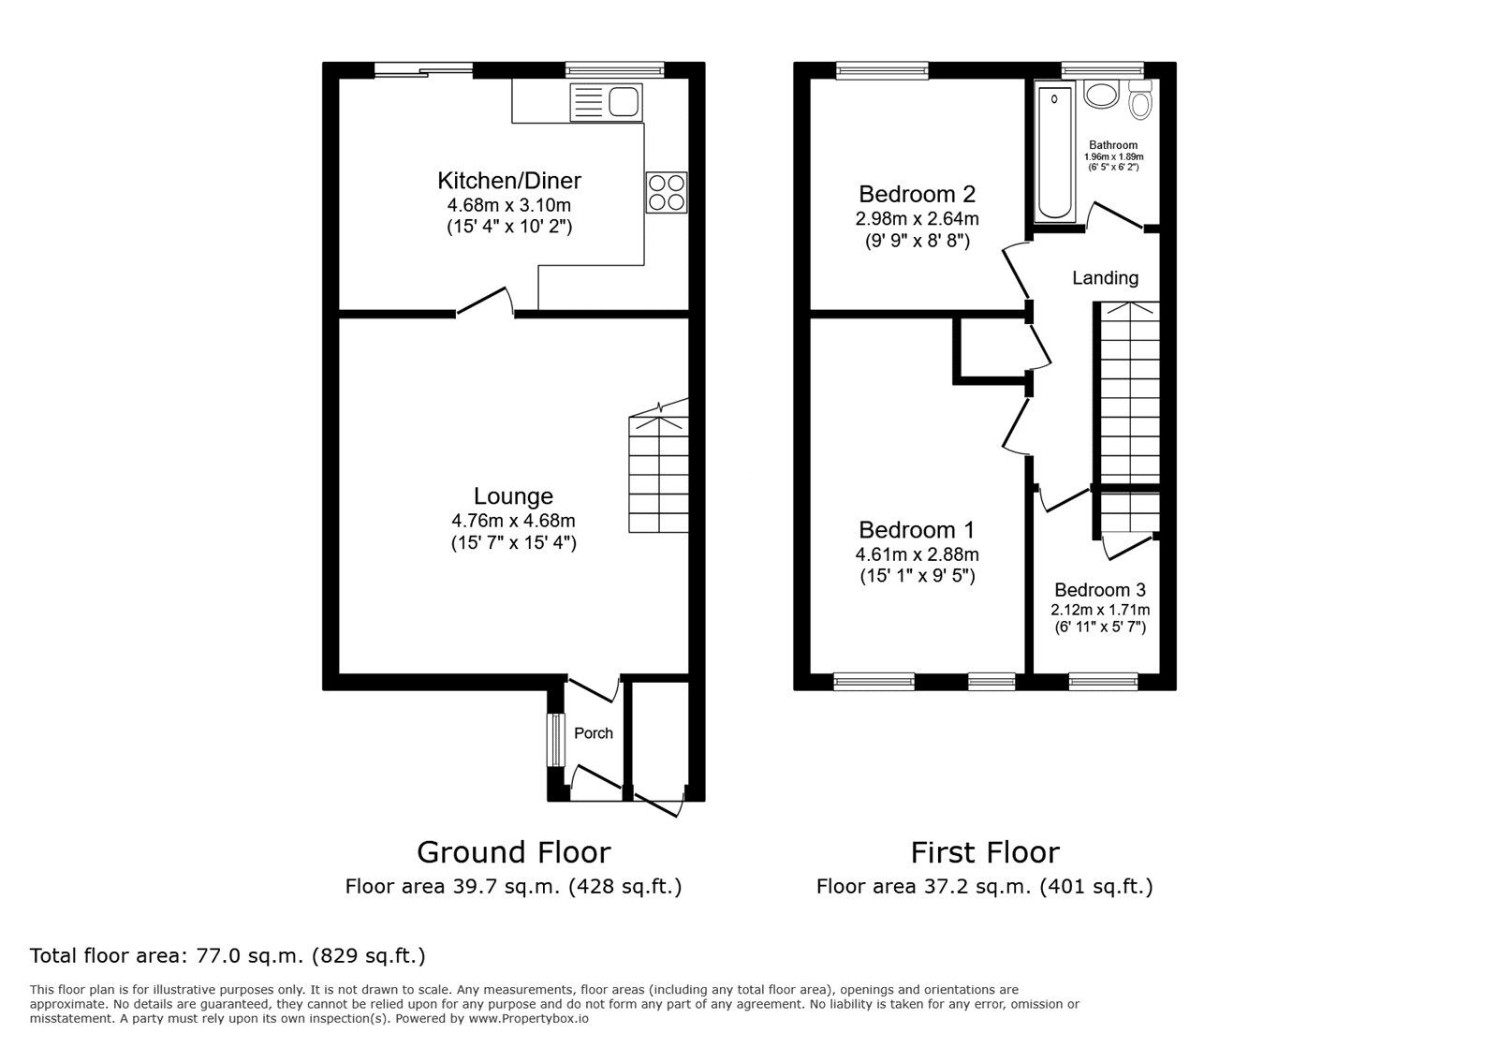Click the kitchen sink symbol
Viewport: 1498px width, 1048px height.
click(x=606, y=101)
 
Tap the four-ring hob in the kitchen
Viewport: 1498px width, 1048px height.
click(x=666, y=192)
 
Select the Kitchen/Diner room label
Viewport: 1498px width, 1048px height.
click(x=509, y=181)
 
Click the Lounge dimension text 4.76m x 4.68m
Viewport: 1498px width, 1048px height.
click(x=513, y=521)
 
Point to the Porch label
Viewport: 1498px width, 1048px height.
click(x=594, y=733)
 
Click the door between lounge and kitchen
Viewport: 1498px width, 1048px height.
click(x=485, y=302)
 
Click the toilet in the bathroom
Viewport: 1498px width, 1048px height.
click(x=1139, y=100)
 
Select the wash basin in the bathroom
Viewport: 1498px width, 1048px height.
click(x=1101, y=96)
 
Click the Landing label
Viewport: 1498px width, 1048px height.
click(x=1105, y=278)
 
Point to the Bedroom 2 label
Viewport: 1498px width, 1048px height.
click(x=917, y=195)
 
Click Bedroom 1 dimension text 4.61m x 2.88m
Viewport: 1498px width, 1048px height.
click(x=917, y=555)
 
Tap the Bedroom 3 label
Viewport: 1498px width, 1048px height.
click(x=1099, y=591)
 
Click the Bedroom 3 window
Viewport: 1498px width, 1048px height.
click(x=1103, y=682)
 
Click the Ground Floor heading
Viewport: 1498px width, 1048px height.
click(x=513, y=852)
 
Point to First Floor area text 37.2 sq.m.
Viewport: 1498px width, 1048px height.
click(x=984, y=886)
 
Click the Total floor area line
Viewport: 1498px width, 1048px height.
click(x=228, y=956)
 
